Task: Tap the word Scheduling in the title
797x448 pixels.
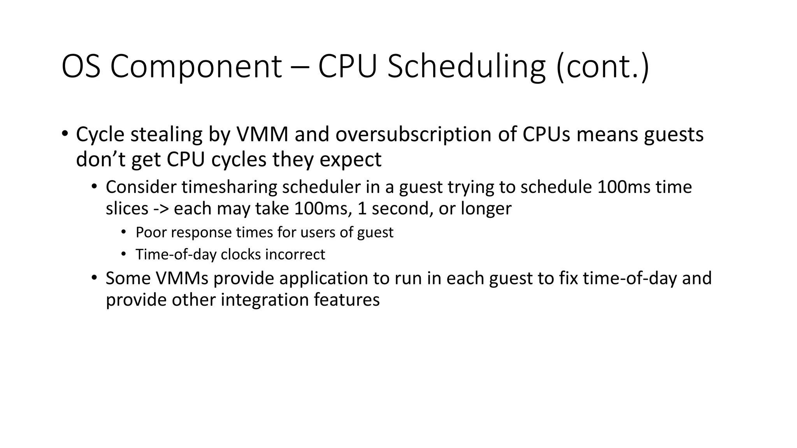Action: coord(466,67)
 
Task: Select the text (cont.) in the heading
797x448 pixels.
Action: coord(602,67)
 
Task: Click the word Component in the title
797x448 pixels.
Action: coord(196,67)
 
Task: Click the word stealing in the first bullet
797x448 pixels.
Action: coord(167,135)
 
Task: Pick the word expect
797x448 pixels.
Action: coord(350,159)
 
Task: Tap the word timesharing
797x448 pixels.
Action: coord(229,187)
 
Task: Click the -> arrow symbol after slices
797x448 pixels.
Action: coord(162,209)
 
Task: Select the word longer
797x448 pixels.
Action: coord(486,209)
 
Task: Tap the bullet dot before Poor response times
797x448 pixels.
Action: coord(124,232)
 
